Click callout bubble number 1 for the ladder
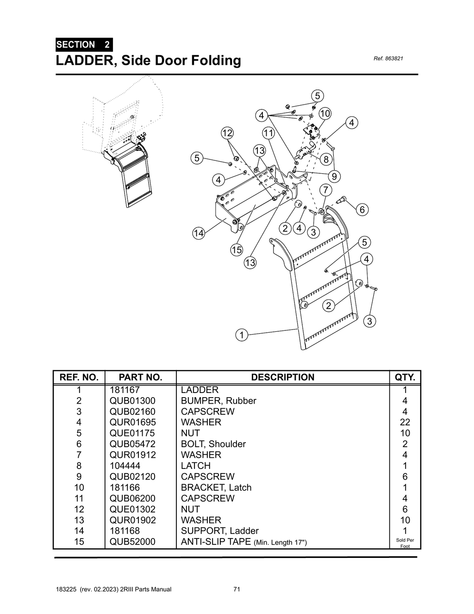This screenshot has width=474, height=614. coord(241,335)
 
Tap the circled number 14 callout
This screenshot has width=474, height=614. coord(199,233)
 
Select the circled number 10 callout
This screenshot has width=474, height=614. coord(325,114)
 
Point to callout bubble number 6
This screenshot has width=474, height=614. coord(362,210)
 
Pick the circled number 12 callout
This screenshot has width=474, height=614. coord(227,133)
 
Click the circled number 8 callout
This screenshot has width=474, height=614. coord(326,159)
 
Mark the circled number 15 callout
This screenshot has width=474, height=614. coord(237,250)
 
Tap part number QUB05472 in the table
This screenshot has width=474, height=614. coord(132,444)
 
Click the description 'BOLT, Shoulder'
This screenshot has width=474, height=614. coord(213,444)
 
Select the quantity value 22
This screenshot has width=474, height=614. coord(405,422)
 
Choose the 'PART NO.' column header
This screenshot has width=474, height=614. coord(140,377)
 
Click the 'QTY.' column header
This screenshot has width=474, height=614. coord(405,377)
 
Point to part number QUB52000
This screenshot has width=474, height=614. coord(132,542)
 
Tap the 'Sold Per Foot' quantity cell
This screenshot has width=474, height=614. coord(405,543)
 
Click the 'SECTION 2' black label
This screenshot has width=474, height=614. coord(83,45)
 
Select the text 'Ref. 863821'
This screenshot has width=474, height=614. coord(388,59)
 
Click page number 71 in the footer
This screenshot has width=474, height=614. coord(237,589)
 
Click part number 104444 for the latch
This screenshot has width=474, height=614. coord(125,466)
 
